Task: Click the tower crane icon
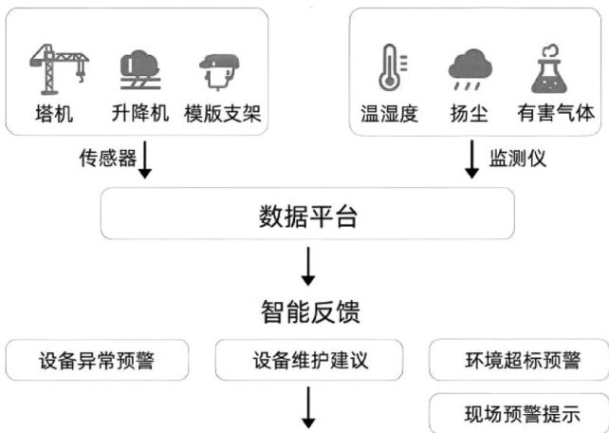click(x=60, y=67)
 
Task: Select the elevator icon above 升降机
click(x=139, y=68)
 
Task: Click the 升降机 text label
click(x=139, y=114)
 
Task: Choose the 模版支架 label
click(x=222, y=114)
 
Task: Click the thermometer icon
click(x=388, y=68)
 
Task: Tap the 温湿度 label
click(x=388, y=114)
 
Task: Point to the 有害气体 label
click(x=555, y=114)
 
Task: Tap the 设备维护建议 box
click(x=309, y=362)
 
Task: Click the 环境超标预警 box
click(x=518, y=362)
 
